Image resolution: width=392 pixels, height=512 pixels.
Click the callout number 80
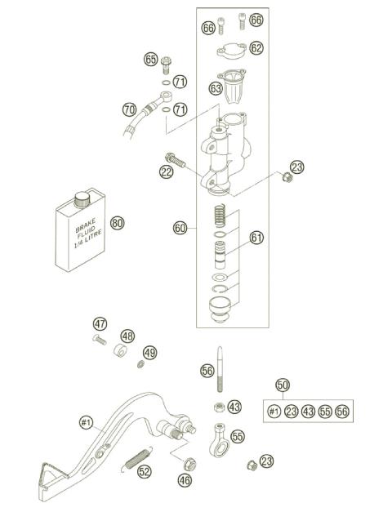point(117,222)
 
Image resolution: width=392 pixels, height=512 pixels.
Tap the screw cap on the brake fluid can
point(82,198)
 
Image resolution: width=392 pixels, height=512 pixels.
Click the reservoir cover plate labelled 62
point(230,52)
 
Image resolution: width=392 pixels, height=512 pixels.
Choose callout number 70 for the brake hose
point(129,109)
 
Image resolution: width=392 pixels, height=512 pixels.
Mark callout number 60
point(180,228)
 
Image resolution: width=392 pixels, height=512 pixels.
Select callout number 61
point(256,238)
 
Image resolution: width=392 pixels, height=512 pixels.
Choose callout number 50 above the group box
point(283,385)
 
